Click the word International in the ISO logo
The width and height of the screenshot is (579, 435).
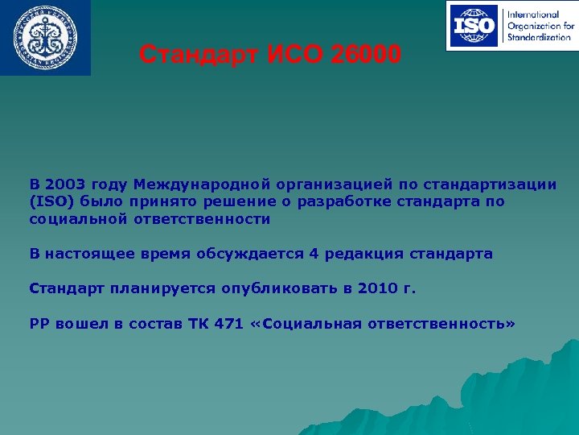532,14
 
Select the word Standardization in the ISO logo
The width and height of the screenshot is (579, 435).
539,37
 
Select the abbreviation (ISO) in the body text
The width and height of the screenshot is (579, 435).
52,201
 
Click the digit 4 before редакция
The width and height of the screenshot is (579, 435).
314,254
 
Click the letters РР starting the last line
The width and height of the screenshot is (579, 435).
39,323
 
